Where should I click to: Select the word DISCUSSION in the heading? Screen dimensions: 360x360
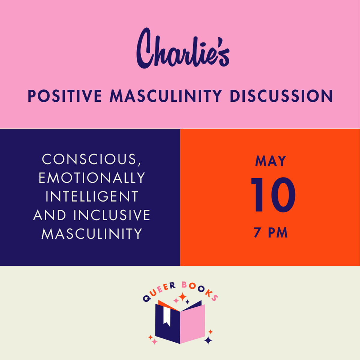[x=281, y=96]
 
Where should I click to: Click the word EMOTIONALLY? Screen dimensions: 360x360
[x=92, y=178]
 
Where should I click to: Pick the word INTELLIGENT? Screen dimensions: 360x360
[x=92, y=196]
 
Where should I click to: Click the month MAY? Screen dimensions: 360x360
[x=271, y=161]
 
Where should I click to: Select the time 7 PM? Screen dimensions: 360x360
[x=271, y=233]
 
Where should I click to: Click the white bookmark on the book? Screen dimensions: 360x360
[x=167, y=316]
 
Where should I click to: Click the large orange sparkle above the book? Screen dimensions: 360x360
[x=183, y=297]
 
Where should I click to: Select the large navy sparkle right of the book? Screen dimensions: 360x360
[x=208, y=340]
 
